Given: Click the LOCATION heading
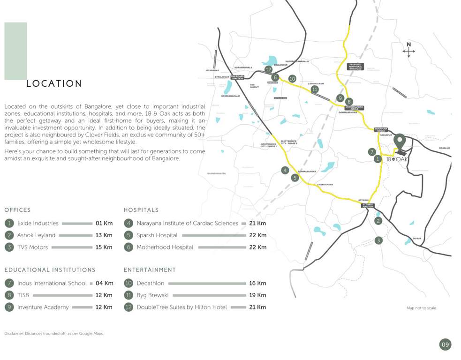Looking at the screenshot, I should click(54, 84).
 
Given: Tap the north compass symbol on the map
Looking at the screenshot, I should click(408, 50).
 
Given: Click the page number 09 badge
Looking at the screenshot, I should click(445, 345).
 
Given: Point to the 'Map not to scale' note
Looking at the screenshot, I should click(421, 308).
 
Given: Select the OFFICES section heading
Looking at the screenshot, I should click(17, 210).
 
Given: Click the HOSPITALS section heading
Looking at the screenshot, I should click(141, 210).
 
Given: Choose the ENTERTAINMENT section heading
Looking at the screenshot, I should click(150, 270).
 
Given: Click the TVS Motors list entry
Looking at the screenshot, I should click(32, 247).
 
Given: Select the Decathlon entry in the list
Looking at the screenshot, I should click(151, 283).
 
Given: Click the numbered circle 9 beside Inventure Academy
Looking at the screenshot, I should click(9, 307).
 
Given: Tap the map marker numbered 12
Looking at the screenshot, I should click(268, 69).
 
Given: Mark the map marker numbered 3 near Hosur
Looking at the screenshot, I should click(378, 240).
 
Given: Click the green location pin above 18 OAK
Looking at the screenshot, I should click(399, 141).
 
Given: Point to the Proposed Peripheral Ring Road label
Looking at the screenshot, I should click(355, 67).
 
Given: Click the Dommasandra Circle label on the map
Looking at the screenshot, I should click(354, 108).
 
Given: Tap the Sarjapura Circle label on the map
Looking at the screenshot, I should click(381, 129).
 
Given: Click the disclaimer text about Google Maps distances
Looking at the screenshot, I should click(54, 333).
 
